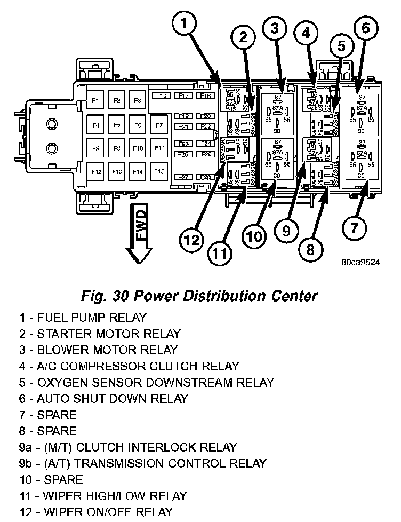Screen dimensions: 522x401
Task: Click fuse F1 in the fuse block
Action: pos(96,100)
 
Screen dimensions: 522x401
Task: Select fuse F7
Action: pos(159,125)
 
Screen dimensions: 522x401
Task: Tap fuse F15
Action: pos(159,171)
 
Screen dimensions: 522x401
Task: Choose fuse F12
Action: pos(96,171)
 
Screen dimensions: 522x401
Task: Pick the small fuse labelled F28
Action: pos(206,177)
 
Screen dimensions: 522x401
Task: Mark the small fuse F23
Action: pos(184,144)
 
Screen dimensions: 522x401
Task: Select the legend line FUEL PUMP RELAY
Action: pos(83,318)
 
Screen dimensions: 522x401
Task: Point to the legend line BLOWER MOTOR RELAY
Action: pos(99,350)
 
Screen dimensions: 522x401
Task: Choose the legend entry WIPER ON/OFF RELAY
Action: pos(96,512)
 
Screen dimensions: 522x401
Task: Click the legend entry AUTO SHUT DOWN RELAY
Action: pos(104,398)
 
